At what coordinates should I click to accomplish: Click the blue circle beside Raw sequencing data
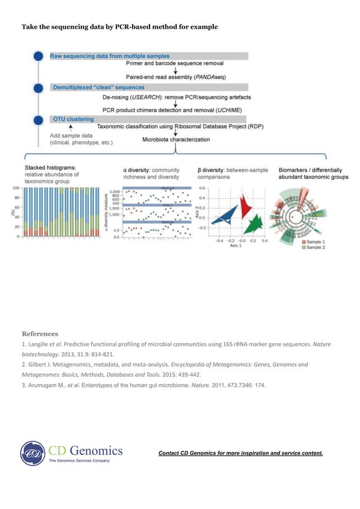coord(38,56)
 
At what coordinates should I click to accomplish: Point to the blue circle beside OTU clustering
coord(38,120)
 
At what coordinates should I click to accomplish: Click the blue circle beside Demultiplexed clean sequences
coord(38,88)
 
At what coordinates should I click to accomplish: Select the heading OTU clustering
coord(73,119)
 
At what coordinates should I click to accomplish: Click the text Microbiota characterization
coord(175,139)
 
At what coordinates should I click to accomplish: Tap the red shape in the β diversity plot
coord(245,205)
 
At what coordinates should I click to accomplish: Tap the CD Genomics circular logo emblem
coord(33,454)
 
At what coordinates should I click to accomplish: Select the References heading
coord(39,333)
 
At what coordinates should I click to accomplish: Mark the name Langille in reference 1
coord(39,344)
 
